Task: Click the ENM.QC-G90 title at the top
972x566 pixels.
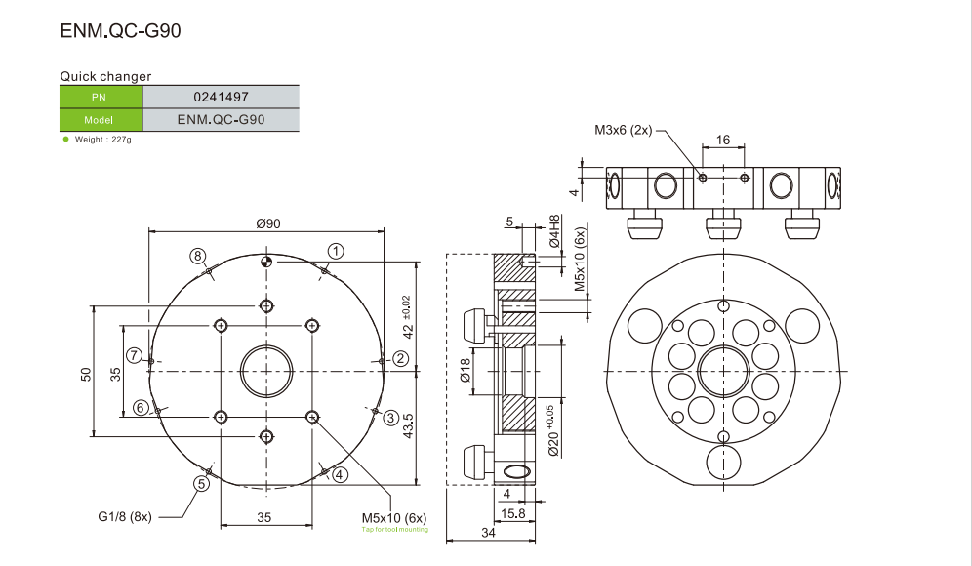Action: (x=121, y=31)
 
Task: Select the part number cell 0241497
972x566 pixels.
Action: (x=220, y=97)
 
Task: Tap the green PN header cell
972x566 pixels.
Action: (x=101, y=97)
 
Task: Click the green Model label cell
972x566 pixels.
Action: (x=101, y=120)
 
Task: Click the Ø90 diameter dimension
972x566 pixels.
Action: (x=268, y=223)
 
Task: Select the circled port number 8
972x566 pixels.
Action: (x=198, y=256)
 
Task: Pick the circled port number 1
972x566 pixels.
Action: (x=335, y=251)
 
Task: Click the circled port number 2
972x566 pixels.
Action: (x=399, y=359)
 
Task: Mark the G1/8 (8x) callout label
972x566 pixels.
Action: (x=124, y=516)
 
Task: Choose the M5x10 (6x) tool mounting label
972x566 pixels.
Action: (x=394, y=516)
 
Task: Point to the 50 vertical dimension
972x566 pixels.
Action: (x=86, y=375)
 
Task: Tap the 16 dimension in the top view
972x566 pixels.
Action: (x=723, y=140)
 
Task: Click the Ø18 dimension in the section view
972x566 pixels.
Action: (x=465, y=372)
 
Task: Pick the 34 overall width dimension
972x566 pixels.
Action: (x=488, y=533)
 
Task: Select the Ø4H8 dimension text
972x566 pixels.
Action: (x=554, y=231)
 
